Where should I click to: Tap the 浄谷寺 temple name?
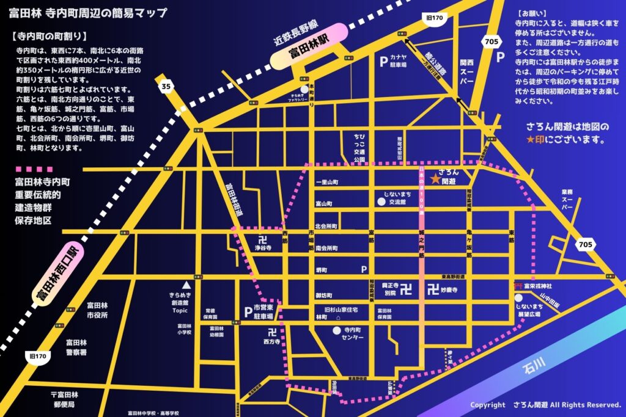(x=263, y=248)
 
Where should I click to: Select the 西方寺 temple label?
(x=271, y=343)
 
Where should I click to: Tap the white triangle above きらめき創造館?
(x=190, y=285)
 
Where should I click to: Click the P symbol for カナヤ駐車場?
(x=383, y=62)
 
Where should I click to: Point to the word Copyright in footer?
(x=487, y=405)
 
